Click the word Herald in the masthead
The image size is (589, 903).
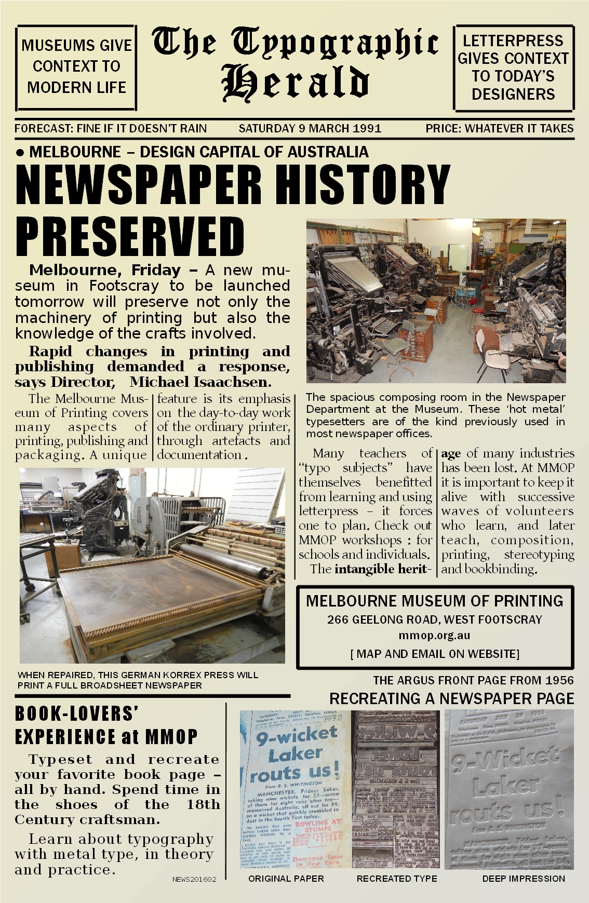295,83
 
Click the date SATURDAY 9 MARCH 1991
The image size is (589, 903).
310,128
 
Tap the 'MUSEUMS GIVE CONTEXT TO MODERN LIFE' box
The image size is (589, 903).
76,66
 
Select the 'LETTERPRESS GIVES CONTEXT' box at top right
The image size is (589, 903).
513,67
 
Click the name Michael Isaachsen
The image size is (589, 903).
200,382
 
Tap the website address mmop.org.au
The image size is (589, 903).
434,635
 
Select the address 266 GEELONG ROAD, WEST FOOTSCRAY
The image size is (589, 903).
434,619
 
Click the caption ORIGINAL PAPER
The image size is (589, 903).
286,879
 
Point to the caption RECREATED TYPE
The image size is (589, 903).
397,879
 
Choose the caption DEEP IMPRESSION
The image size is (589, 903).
524,879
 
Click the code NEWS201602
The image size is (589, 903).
194,879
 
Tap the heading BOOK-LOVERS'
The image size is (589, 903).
77,713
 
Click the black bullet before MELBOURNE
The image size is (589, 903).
20,153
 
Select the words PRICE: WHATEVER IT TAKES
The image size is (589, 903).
499,128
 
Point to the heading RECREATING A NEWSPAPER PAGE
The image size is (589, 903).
452,698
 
